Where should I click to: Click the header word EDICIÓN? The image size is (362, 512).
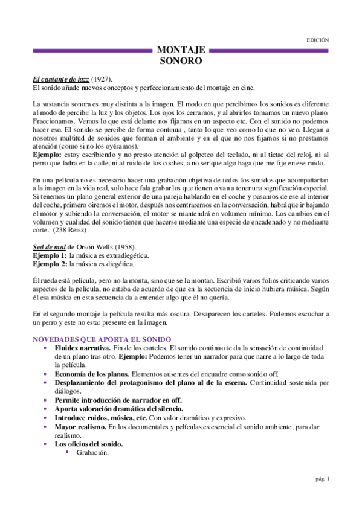pos(318,40)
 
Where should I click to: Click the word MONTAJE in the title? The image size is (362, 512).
pos(181,50)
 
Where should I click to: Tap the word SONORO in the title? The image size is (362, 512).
pos(181,61)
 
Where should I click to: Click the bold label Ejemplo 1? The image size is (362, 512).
pos(50,256)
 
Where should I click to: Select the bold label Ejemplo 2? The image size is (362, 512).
pos(50,264)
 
